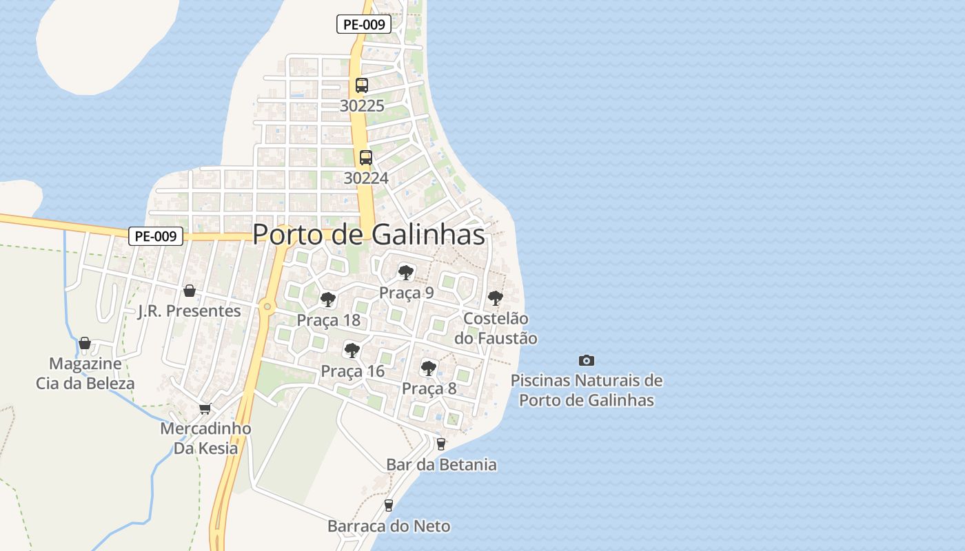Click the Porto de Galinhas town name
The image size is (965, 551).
click(369, 234)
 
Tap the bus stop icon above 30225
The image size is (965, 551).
click(362, 85)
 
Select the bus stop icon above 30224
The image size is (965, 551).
click(366, 158)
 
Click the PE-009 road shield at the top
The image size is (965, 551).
click(364, 25)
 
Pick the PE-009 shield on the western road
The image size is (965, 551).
click(156, 236)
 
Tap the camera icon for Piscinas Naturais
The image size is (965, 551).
click(587, 360)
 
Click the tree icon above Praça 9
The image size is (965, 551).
click(407, 272)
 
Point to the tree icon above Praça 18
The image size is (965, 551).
click(328, 300)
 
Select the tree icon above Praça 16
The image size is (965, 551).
click(352, 351)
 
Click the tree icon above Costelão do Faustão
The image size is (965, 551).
click(495, 298)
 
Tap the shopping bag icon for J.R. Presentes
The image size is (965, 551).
click(190, 291)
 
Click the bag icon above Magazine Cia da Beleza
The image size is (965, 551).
click(85, 343)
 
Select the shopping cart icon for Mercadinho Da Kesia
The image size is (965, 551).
click(205, 408)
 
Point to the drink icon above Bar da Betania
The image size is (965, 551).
click(441, 444)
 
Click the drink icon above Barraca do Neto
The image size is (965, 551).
click(389, 506)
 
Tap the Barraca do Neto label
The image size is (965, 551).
click(389, 527)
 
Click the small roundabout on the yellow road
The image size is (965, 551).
click(267, 306)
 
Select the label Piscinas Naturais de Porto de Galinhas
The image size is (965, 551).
click(587, 390)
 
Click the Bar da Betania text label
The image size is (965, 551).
click(441, 465)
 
